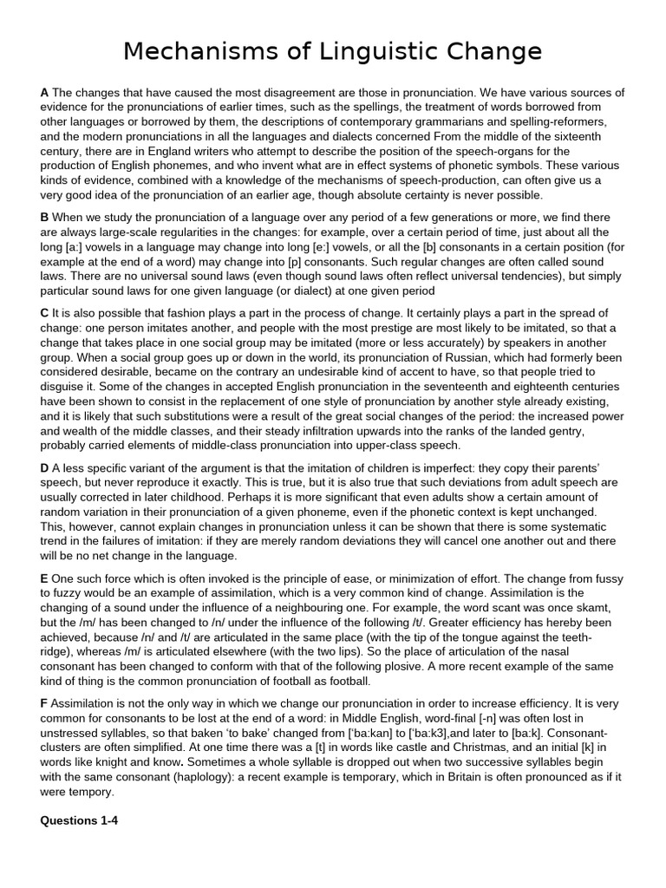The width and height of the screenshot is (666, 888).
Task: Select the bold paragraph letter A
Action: click(44, 92)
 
